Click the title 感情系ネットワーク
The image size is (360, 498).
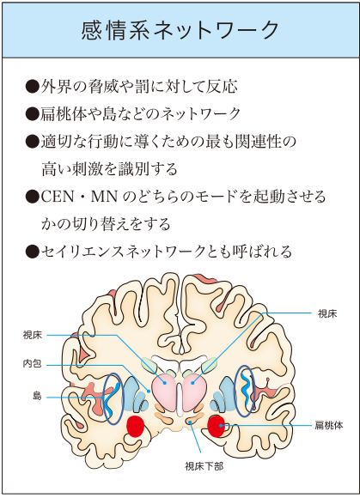tap(180, 31)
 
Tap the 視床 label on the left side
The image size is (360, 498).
tap(33, 335)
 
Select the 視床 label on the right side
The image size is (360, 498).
tap(327, 313)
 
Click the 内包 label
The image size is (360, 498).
tap(33, 363)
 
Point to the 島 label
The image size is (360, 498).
tap(37, 396)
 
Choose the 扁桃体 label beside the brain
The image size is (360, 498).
tap(329, 425)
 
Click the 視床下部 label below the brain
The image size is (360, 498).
tap(204, 466)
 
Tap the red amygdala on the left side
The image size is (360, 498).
tap(136, 426)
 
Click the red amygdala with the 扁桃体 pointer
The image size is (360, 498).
tap(217, 426)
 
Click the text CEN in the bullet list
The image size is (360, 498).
tap(58, 197)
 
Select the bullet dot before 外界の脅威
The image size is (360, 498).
tap(32, 87)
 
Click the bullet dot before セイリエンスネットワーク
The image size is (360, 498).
tap(32, 252)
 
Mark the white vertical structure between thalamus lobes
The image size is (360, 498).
tap(180, 399)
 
